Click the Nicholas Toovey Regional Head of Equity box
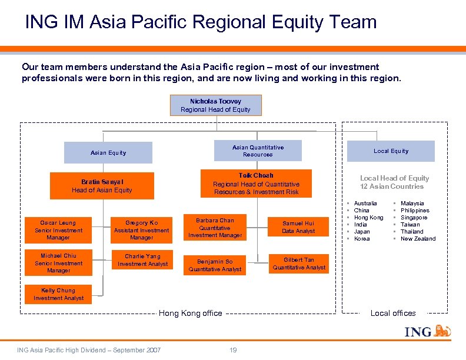pyautogui.click(x=215, y=105)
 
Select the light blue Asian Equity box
pyautogui.click(x=108, y=153)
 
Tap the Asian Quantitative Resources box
pyautogui.click(x=258, y=151)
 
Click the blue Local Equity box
pyautogui.click(x=391, y=151)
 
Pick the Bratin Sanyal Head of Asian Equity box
pyautogui.click(x=102, y=186)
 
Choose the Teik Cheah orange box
pyautogui.click(x=256, y=184)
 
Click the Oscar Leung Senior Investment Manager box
pyautogui.click(x=58, y=230)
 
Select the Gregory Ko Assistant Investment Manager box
pyautogui.click(x=141, y=230)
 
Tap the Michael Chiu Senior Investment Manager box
pyautogui.click(x=58, y=263)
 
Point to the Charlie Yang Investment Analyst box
pyautogui.click(x=142, y=260)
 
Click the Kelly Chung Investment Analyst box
pyautogui.click(x=58, y=294)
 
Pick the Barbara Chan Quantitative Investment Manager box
pyautogui.click(x=215, y=228)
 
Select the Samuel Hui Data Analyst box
pyautogui.click(x=298, y=227)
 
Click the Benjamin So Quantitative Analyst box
pyautogui.click(x=215, y=265)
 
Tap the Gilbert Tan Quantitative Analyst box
pyautogui.click(x=299, y=264)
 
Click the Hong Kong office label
pyautogui.click(x=190, y=314)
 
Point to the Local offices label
pyautogui.click(x=393, y=314)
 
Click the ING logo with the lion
pyautogui.click(x=428, y=332)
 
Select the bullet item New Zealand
pyautogui.click(x=418, y=239)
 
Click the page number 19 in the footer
pyautogui.click(x=233, y=351)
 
